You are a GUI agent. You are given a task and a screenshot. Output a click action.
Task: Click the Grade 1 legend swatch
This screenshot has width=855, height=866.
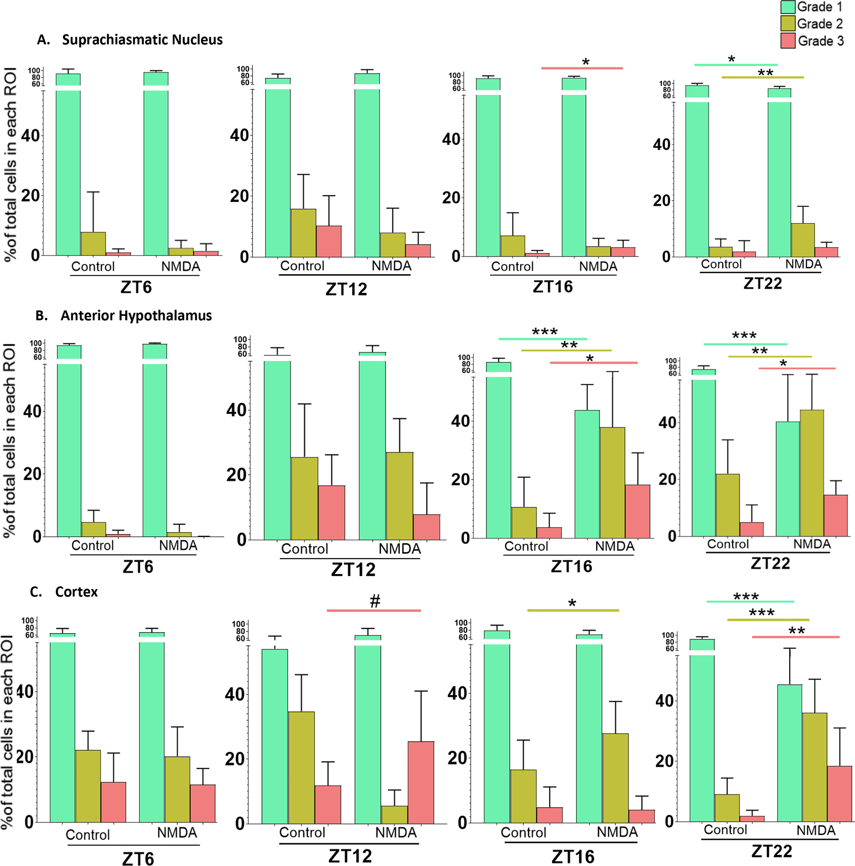[788, 7]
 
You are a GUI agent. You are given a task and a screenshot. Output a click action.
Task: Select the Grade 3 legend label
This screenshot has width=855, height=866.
[821, 41]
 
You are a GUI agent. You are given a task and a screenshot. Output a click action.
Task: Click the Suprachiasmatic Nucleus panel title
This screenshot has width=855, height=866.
[142, 40]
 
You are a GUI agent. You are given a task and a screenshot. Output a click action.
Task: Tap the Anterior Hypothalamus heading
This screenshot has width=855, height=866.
[136, 315]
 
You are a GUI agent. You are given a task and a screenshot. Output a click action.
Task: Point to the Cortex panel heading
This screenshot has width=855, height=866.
[76, 592]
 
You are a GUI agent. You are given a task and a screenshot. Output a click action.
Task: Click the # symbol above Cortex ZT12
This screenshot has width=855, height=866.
[375, 601]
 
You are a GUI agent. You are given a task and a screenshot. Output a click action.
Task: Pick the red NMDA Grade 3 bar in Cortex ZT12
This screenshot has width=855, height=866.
[421, 782]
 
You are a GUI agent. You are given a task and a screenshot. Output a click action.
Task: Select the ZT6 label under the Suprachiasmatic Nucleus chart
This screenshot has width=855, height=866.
[136, 287]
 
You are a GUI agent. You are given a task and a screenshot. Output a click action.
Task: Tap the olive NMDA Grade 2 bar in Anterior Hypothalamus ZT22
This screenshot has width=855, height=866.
[812, 473]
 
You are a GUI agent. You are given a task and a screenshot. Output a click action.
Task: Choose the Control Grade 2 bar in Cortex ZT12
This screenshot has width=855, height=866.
[301, 767]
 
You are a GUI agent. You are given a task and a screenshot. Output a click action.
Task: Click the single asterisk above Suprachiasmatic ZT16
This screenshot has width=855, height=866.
[585, 62]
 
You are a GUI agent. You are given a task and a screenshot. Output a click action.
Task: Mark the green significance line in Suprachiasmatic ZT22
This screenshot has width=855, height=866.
[736, 64]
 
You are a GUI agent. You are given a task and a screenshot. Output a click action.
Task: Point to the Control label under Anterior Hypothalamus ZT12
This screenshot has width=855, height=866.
[304, 549]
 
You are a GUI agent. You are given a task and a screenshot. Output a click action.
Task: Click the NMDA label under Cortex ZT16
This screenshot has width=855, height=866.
[617, 832]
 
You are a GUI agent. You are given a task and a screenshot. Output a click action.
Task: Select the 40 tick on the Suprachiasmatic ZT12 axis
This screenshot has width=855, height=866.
[239, 135]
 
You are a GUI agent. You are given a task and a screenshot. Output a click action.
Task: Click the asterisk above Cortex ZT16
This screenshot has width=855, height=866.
[572, 603]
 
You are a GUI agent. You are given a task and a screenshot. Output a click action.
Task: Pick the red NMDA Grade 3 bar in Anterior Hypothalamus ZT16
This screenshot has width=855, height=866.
[637, 511]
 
